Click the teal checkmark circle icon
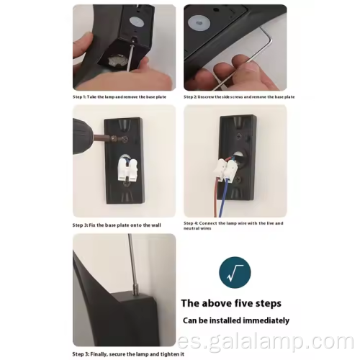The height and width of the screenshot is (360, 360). click(x=235, y=272)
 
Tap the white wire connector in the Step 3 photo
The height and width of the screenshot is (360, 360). click(x=128, y=170)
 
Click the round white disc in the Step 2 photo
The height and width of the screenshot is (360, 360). click(x=199, y=23)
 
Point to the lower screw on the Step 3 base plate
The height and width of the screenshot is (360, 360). click(x=126, y=184)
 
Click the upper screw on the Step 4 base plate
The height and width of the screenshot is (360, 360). click(x=240, y=136)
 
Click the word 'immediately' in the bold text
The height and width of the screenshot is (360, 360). click(x=266, y=320)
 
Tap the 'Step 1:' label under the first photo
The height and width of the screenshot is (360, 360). click(x=79, y=97)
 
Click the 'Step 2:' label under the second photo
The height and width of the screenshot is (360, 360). click(x=190, y=97)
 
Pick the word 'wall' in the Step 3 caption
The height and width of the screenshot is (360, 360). click(x=156, y=225)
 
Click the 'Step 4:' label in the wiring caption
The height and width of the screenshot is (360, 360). click(x=191, y=223)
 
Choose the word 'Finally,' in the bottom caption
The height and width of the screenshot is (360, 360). click(x=99, y=354)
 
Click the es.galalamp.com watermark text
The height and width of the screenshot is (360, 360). click(x=266, y=341)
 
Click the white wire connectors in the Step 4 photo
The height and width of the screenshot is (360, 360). click(x=225, y=170)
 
